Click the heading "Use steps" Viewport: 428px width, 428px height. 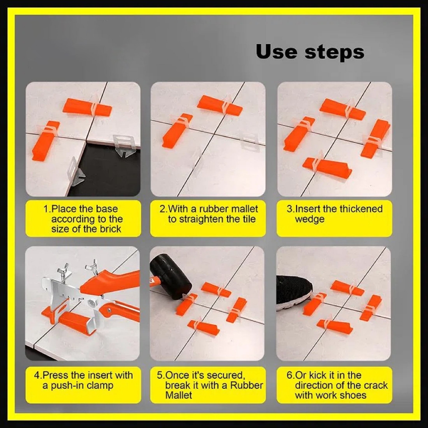310,52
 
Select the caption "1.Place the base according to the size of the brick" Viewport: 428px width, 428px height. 83,219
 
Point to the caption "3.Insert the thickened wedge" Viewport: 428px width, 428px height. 335,214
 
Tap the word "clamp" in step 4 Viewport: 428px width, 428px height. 100,386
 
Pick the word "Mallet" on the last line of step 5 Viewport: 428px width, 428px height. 178,395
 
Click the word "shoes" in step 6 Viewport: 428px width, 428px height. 354,395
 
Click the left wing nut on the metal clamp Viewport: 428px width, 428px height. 63,270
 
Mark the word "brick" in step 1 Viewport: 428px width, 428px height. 110,229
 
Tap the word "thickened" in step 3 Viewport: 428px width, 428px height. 361,209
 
